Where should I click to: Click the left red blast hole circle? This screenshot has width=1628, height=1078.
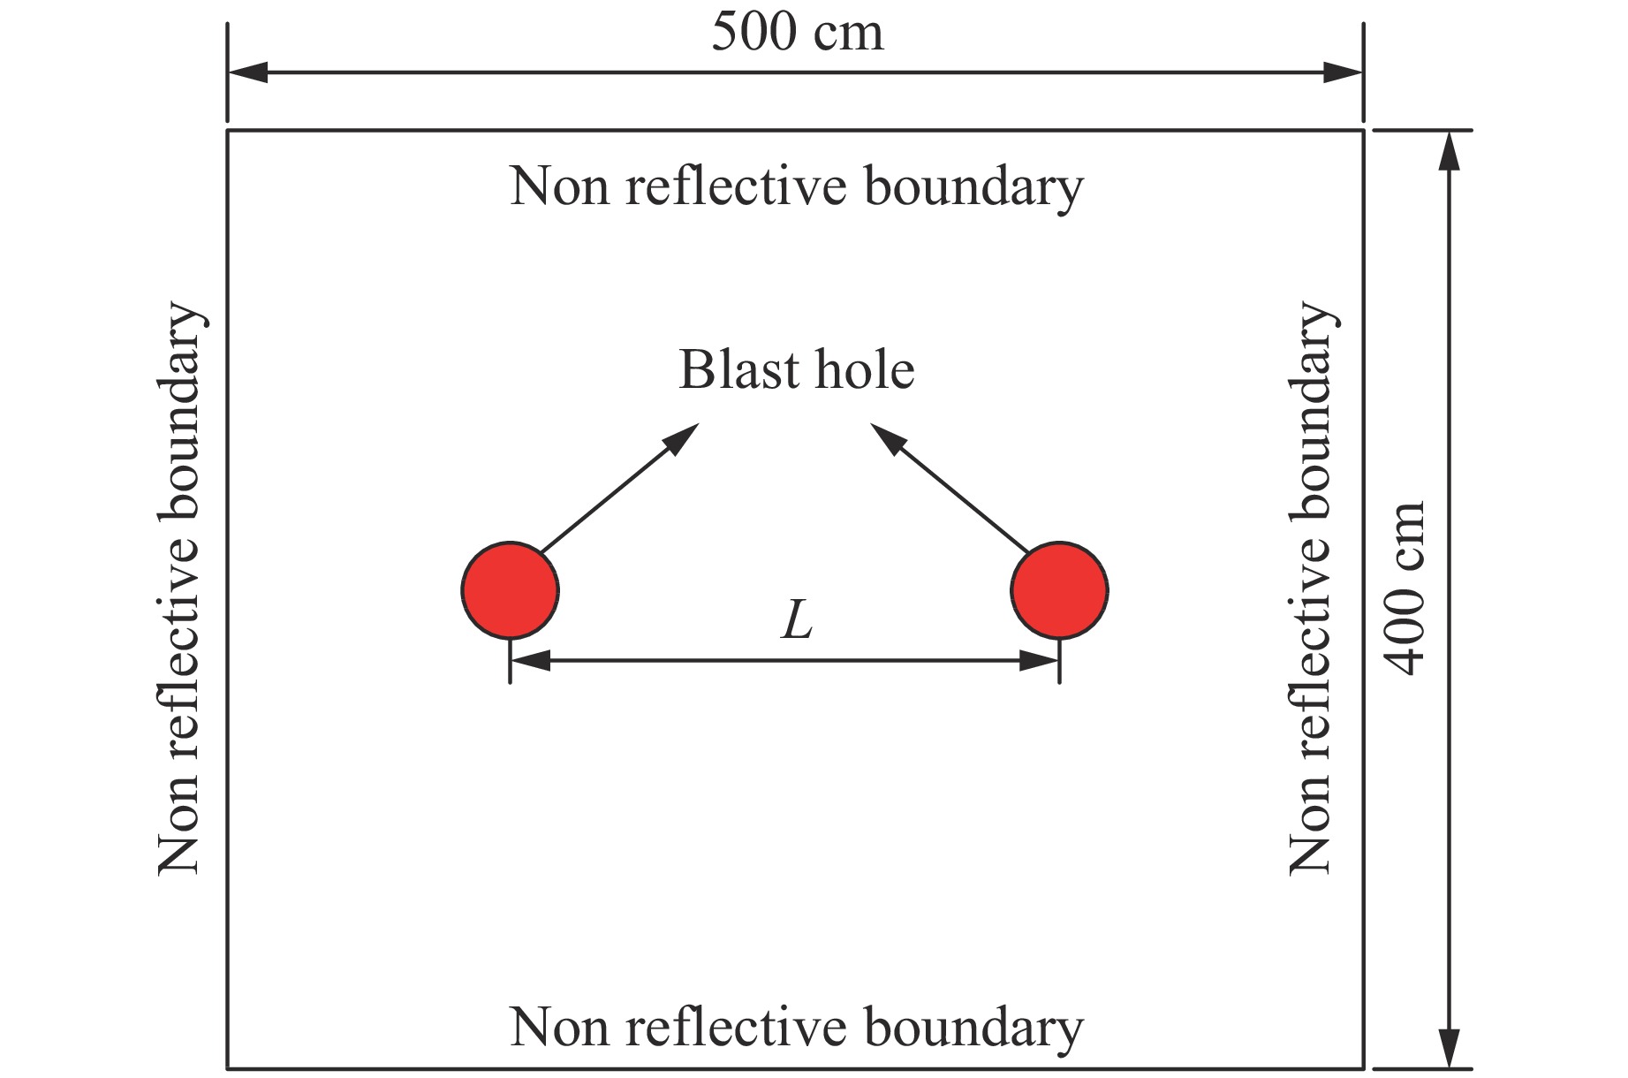tap(510, 589)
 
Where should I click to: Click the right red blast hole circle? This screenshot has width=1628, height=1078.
tap(1059, 589)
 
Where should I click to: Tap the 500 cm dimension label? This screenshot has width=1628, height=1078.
tap(797, 34)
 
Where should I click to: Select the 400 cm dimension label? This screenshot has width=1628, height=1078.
tap(1405, 588)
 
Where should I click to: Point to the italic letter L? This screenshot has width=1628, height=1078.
tap(797, 620)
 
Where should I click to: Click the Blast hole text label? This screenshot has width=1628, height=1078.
tap(796, 369)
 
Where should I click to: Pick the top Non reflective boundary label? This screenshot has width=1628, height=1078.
tap(796, 186)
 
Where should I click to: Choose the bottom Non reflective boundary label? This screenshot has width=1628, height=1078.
tap(796, 1028)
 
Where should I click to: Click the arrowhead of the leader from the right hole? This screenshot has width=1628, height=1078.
tap(887, 437)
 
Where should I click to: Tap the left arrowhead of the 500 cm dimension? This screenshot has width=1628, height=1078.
tap(247, 72)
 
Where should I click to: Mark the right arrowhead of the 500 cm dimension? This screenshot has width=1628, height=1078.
tap(1344, 72)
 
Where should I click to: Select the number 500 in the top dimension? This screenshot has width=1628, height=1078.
tap(749, 34)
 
